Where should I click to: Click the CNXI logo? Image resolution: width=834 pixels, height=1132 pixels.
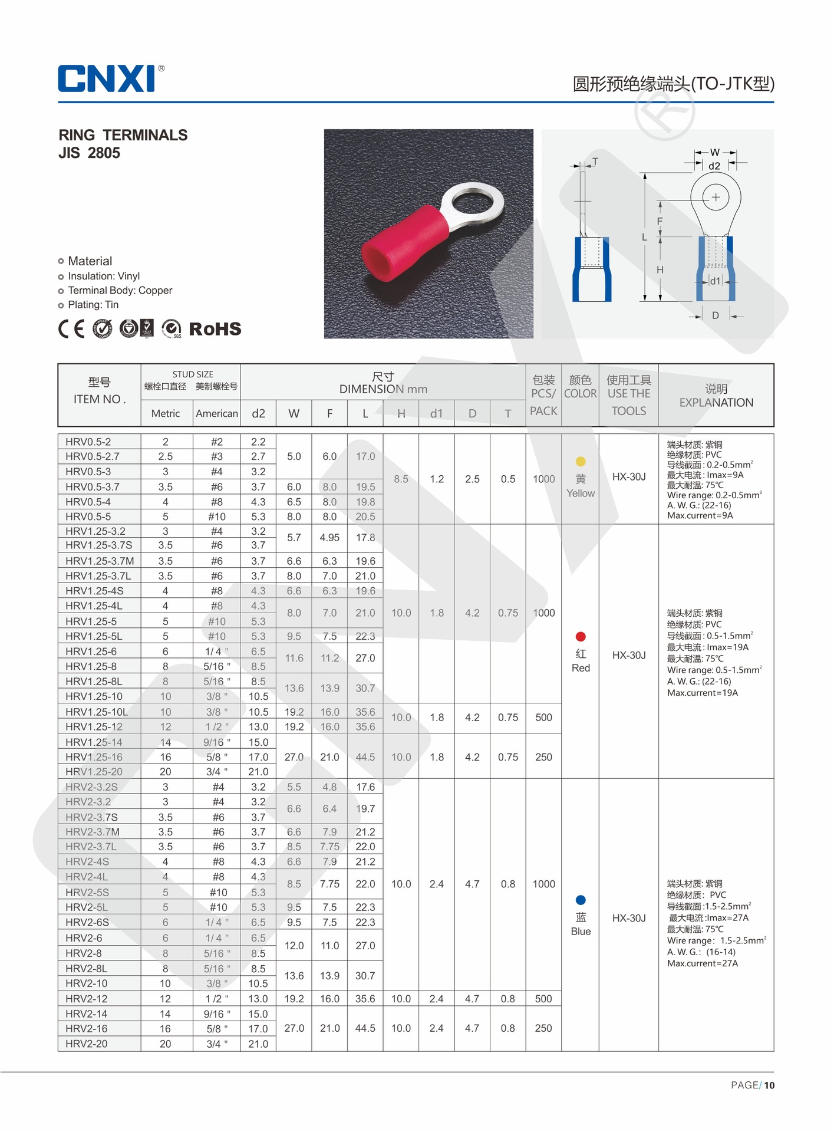[107, 78]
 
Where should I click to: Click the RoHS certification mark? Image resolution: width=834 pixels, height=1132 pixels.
[215, 329]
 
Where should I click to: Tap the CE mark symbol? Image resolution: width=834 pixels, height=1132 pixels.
[71, 329]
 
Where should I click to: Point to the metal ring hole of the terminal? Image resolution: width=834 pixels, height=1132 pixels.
[473, 205]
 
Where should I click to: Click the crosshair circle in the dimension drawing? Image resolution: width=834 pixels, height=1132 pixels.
[715, 198]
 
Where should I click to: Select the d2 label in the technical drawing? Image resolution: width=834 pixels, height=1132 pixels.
[714, 166]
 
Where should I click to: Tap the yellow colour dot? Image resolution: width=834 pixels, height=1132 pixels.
[581, 462]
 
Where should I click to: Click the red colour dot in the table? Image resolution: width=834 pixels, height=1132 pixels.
[581, 637]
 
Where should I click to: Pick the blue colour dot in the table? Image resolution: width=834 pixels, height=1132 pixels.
[581, 900]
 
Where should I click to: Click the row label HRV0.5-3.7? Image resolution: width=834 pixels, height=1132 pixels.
[93, 487]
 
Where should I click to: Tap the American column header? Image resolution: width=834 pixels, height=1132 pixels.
[217, 413]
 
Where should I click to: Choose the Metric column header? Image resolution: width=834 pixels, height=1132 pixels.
[166, 413]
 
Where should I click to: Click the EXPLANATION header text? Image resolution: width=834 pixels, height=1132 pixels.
[716, 403]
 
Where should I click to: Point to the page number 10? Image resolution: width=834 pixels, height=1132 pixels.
[769, 1085]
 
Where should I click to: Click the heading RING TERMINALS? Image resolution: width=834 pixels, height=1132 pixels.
[123, 135]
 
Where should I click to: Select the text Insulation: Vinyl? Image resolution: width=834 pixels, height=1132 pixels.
[104, 276]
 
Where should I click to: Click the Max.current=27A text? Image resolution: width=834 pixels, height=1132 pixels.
[702, 963]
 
